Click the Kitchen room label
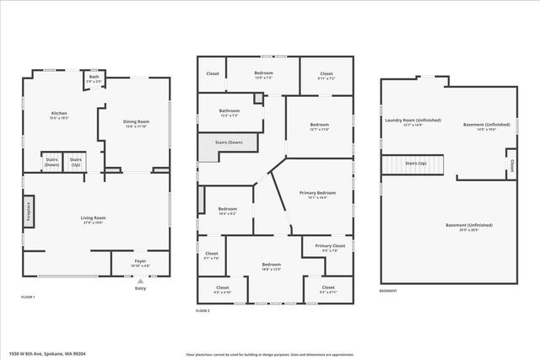click(x=58, y=116)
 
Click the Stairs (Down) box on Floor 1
click(x=52, y=161)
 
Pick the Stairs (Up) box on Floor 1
click(x=76, y=161)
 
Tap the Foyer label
click(x=140, y=262)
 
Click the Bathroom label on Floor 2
click(x=229, y=113)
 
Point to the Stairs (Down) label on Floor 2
click(x=230, y=143)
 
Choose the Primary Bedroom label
click(x=317, y=196)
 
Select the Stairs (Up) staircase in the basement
click(x=415, y=164)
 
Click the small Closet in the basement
click(x=511, y=164)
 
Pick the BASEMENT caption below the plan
click(x=388, y=292)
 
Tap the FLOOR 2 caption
click(x=202, y=310)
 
